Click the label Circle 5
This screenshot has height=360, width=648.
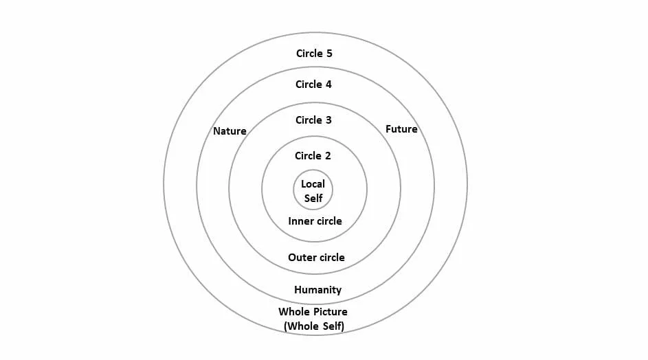click(x=314, y=53)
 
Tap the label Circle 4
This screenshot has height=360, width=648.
click(x=313, y=85)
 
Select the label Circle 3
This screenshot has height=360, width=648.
click(x=313, y=120)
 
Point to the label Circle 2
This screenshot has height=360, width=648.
click(x=313, y=156)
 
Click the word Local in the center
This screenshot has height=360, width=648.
click(x=313, y=184)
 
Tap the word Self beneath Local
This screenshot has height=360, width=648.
click(x=313, y=198)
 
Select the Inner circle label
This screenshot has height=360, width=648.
click(x=315, y=221)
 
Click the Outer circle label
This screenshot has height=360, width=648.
click(x=316, y=258)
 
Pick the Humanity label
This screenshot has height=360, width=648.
click(x=317, y=290)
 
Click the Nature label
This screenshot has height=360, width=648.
click(x=230, y=131)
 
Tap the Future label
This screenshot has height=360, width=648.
click(x=401, y=129)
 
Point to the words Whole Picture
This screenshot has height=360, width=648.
click(x=313, y=312)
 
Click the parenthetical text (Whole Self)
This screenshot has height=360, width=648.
click(x=314, y=326)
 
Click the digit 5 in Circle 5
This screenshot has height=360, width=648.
click(x=329, y=53)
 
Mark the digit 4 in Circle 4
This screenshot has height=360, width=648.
click(x=328, y=85)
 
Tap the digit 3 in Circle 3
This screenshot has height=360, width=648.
click(x=328, y=120)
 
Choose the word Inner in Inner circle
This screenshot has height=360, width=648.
click(x=300, y=221)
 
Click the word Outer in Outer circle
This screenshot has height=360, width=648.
click(x=301, y=258)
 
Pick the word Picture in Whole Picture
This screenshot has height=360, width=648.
click(x=328, y=312)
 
